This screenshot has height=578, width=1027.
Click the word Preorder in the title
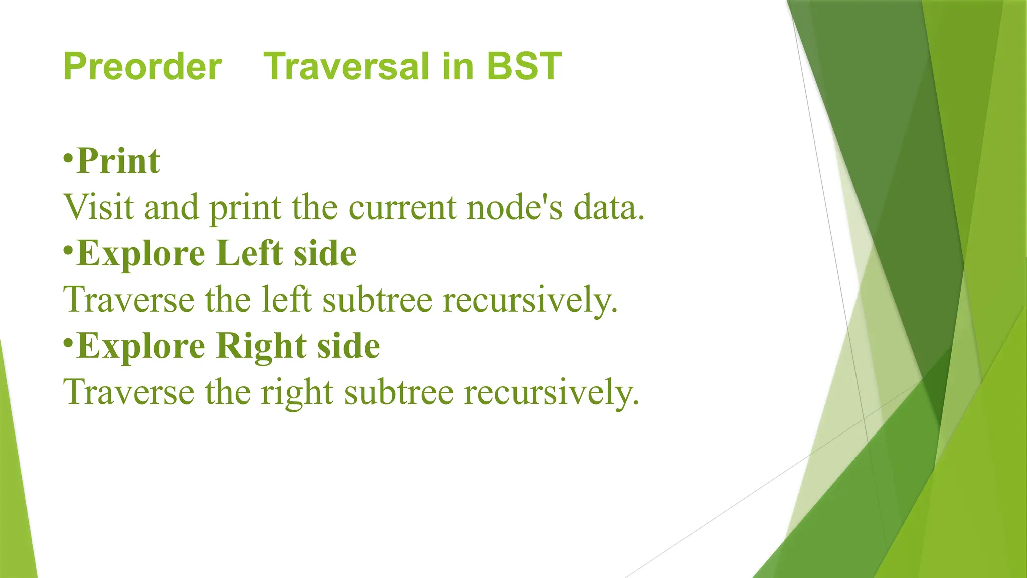point(142,67)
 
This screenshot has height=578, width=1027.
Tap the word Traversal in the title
point(347,67)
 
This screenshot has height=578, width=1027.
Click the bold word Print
point(118,162)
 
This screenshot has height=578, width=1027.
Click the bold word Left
point(249,253)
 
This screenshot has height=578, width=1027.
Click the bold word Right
point(261,346)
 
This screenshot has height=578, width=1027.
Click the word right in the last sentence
point(297,392)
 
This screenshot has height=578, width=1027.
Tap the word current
point(402,207)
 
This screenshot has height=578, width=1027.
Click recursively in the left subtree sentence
point(530,300)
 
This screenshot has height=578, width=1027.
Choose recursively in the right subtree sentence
point(551,392)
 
